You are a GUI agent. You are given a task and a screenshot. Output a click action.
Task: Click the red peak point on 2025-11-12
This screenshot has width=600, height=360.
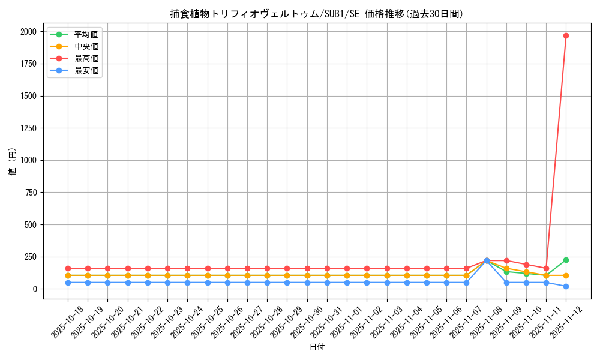click(566, 35)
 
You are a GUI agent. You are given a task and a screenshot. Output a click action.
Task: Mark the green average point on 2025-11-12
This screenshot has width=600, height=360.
click(566, 260)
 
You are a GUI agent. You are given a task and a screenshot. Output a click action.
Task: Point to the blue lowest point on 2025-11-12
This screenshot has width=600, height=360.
click(566, 286)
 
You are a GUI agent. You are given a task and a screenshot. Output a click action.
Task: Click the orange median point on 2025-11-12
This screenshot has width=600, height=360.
click(566, 275)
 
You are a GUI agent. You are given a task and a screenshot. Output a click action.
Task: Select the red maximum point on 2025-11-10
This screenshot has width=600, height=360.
click(526, 265)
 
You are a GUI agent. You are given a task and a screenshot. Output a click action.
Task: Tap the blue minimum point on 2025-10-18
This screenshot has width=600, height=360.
click(68, 283)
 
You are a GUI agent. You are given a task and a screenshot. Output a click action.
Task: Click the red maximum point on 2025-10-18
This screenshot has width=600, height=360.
click(68, 268)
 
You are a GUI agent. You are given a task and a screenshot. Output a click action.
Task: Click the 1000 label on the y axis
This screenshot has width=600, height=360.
click(29, 160)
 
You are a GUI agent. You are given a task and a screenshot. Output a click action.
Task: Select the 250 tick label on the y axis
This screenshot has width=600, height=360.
click(31, 257)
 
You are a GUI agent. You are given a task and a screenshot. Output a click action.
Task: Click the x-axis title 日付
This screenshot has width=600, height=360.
click(317, 347)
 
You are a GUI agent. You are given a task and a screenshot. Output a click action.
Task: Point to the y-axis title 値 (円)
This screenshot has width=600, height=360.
click(12, 162)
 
